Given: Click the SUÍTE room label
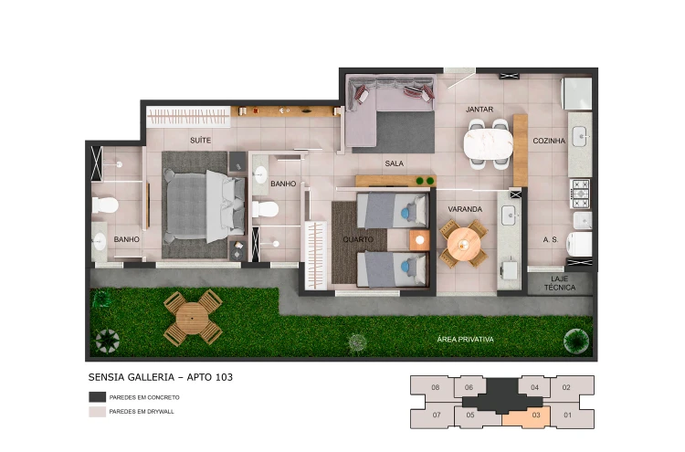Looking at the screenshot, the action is coord(201,141).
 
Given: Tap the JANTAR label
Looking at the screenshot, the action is coord(479,110).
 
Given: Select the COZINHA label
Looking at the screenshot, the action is coord(549,141).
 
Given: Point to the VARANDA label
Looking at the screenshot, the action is coord(465,209).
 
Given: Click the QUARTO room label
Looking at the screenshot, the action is coord(358,239).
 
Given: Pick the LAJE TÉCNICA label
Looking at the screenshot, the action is coord(560,283).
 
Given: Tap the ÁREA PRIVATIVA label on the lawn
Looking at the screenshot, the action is coord(465,340).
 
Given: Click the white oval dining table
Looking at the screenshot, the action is coord(488,144).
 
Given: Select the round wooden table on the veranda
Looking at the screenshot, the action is coord(463,243).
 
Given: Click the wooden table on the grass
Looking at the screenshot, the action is coord(193,318).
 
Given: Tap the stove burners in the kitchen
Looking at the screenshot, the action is coord(581,194).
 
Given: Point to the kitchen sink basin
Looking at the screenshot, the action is coord(580,136).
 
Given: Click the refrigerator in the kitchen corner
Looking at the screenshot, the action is coord(576,93).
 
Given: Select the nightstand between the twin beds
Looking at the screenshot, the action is coord(419,240).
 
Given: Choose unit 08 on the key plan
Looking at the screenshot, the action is coord(436,387).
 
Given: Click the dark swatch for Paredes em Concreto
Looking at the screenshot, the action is coord(98,397).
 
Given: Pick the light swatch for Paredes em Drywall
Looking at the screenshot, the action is coord(98,412).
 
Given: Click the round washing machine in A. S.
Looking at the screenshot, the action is coord(579,244).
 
